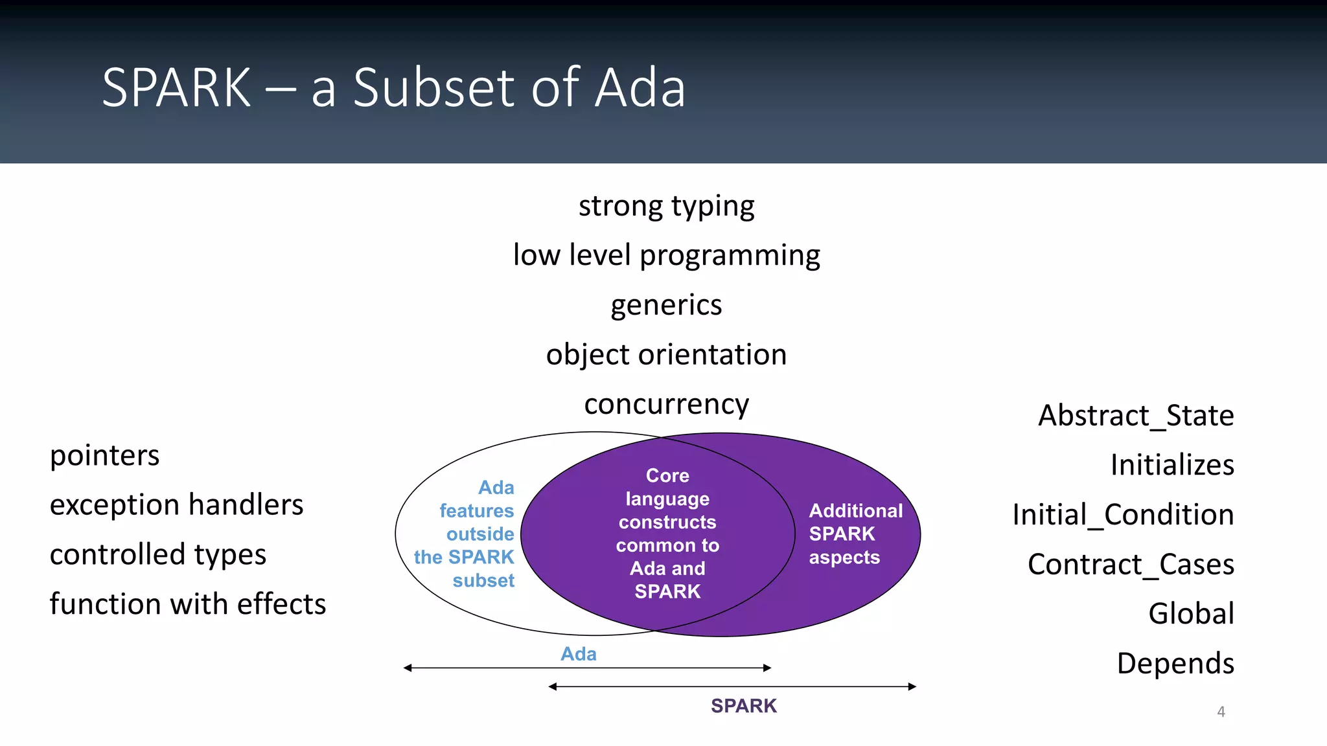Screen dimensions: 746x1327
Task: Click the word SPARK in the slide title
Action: [176, 88]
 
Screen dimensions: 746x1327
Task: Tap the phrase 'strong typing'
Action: [666, 207]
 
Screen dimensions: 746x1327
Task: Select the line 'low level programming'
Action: [666, 256]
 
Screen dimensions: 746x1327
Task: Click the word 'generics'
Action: [666, 305]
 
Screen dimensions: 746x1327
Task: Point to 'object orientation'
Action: [666, 355]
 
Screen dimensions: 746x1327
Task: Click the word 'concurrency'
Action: [666, 405]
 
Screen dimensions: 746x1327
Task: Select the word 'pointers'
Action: [104, 455]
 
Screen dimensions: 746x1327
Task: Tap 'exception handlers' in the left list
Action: [176, 505]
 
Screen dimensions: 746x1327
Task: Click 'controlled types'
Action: [157, 555]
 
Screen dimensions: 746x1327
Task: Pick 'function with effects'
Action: [188, 604]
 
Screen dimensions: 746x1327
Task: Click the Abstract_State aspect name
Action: [1136, 416]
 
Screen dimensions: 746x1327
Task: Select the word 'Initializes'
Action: [1171, 465]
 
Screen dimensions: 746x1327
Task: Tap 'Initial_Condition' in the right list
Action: [1123, 515]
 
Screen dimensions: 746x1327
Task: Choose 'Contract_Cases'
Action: [1131, 565]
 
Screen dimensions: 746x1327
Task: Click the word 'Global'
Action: [1191, 614]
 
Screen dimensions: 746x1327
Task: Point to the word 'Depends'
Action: [1175, 664]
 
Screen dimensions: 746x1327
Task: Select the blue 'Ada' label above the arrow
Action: [578, 654]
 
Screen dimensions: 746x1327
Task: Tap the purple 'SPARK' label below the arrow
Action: [743, 706]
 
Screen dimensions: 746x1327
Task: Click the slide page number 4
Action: [1221, 712]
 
